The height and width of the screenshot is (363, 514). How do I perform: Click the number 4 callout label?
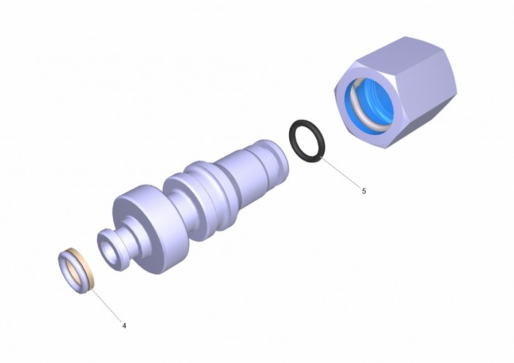[x=124, y=326]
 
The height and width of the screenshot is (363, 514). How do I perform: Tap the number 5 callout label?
[x=364, y=191]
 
